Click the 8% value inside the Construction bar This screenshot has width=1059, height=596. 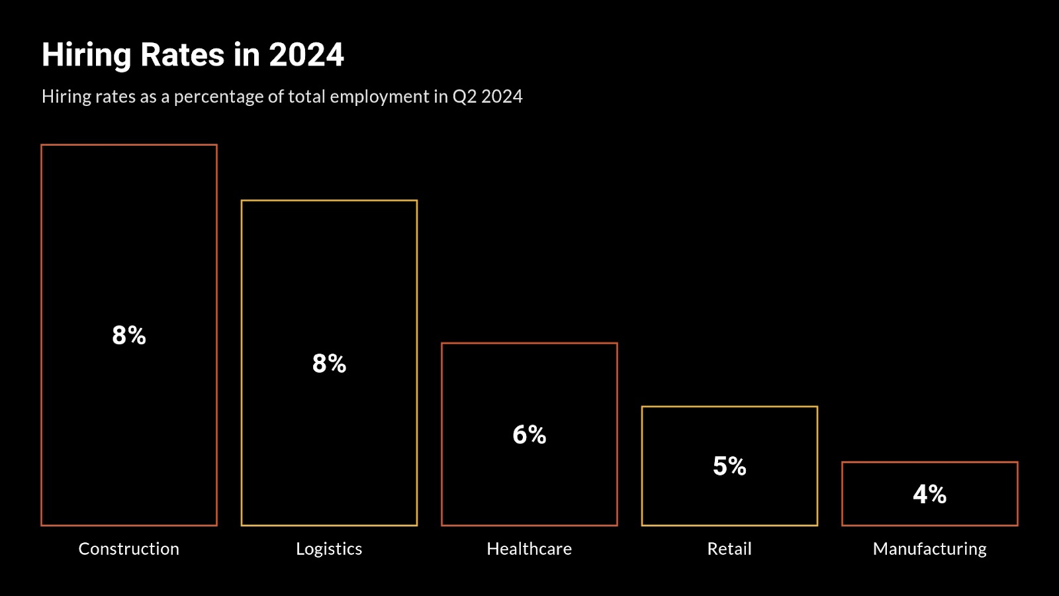129,336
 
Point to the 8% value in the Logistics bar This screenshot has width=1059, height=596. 329,364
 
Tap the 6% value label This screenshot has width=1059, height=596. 529,435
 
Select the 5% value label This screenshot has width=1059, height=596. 729,466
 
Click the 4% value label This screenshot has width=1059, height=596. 929,495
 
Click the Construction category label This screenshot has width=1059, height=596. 129,549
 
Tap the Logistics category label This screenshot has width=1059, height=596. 329,549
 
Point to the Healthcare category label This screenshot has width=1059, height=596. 529,549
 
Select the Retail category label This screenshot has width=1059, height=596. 729,549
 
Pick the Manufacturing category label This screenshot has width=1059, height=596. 929,549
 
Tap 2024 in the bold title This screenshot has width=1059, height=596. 306,55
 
